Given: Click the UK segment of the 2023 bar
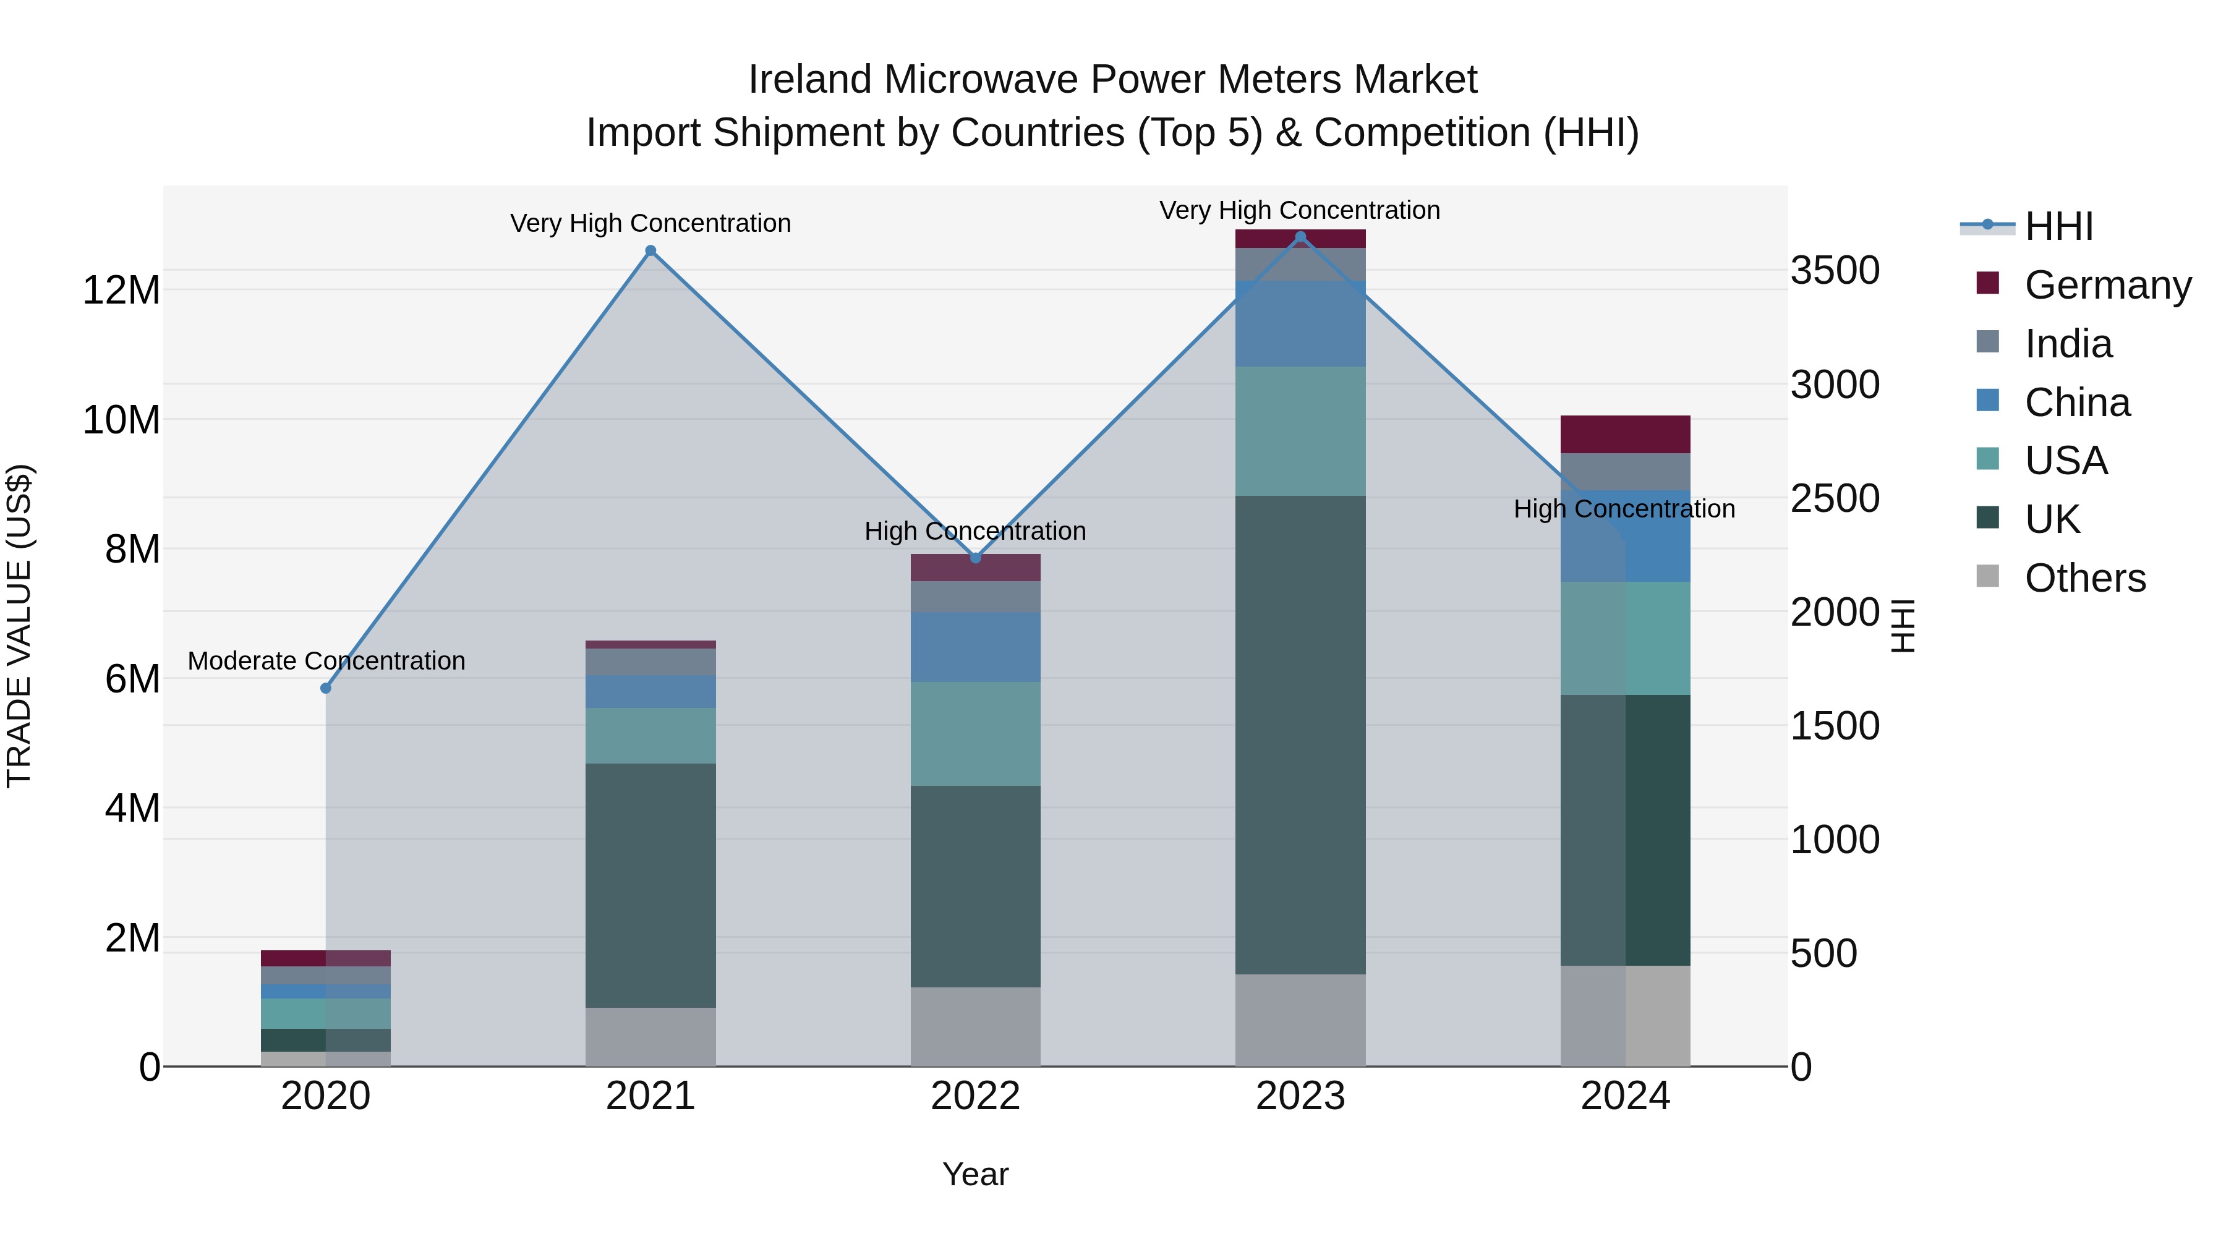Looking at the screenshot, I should (1300, 735).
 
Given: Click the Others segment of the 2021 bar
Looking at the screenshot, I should (650, 1037).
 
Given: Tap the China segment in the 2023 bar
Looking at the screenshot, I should (1300, 324).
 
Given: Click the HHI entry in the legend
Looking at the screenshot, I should (2058, 226).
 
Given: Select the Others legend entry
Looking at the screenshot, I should (2084, 578).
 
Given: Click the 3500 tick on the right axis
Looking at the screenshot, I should (1835, 270).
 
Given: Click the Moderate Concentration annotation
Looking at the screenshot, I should (326, 661).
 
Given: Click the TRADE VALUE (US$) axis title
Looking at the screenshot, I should (19, 626).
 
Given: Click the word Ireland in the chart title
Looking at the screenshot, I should (809, 80).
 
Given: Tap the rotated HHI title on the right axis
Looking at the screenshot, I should (1904, 626).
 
